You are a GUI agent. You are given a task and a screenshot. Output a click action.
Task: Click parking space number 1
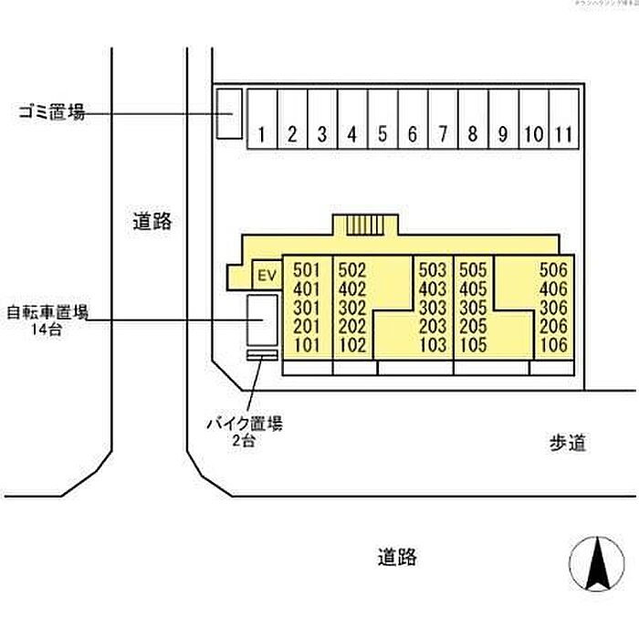[262, 135]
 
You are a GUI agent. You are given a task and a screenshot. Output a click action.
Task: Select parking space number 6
[413, 135]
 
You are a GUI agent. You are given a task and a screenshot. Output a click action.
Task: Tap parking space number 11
[564, 135]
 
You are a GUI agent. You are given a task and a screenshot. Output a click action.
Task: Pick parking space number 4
[352, 135]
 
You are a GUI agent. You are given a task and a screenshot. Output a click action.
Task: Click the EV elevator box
[267, 275]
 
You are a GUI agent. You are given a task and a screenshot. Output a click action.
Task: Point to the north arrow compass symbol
[596, 564]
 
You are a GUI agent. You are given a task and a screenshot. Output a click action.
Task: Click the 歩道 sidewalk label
[567, 445]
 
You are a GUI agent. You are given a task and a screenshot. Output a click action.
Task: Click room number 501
[308, 270]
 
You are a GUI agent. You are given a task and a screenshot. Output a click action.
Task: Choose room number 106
[553, 346]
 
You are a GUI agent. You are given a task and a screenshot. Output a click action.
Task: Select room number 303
[432, 308]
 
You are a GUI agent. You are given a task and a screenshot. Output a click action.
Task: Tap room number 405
[473, 288]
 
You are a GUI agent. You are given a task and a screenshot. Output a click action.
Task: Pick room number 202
[351, 327]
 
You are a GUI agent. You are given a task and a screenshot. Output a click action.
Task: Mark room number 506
[553, 270]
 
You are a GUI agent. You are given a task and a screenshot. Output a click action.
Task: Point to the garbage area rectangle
[227, 113]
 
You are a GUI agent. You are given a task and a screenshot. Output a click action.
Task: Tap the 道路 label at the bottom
[397, 556]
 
